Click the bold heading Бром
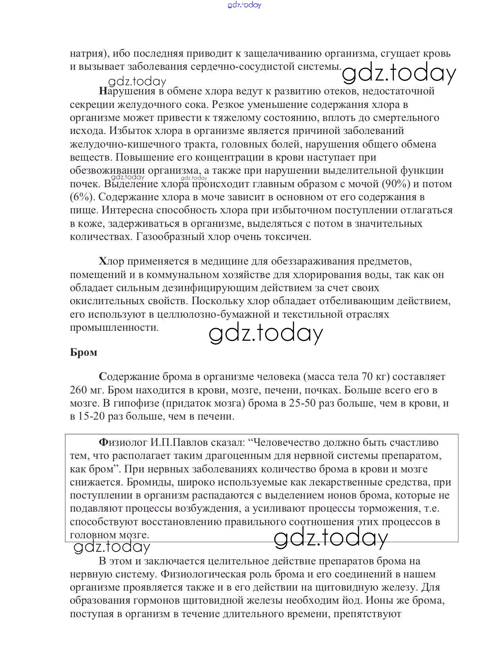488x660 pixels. [x=84, y=352]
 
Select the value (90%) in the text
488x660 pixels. [x=397, y=184]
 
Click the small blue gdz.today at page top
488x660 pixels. [x=245, y=5]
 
